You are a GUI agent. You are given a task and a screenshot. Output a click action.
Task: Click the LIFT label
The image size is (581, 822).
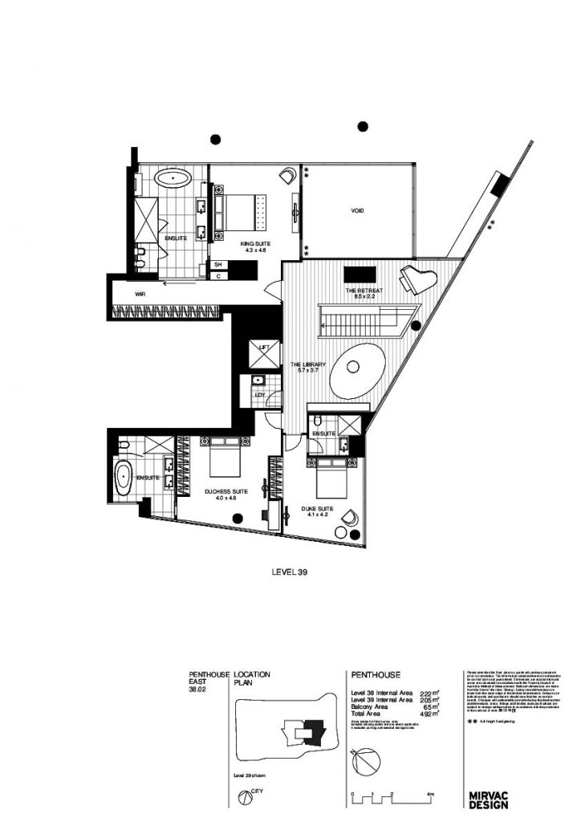coord(263,347)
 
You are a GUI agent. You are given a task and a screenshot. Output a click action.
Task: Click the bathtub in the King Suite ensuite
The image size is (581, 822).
coord(172,177)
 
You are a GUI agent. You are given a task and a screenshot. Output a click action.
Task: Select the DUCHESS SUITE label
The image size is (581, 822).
coord(226,491)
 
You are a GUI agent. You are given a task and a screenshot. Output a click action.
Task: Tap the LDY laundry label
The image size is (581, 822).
coord(260,395)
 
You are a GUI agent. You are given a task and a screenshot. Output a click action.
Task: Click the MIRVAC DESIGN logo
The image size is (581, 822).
coord(489,799)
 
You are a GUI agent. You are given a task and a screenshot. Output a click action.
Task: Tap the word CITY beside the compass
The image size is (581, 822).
coord(258,790)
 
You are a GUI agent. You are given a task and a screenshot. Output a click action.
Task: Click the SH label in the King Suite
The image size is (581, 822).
coord(217,264)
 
